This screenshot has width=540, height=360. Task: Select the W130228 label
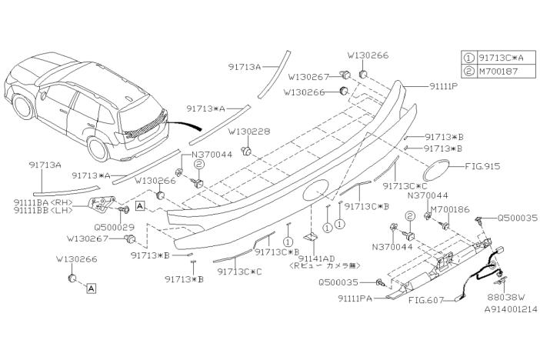click(249, 132)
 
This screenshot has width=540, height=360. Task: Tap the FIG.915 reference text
click(482, 166)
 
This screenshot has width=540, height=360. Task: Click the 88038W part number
click(505, 296)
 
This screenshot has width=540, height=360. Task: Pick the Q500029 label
click(115, 227)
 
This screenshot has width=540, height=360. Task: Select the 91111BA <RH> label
click(43, 202)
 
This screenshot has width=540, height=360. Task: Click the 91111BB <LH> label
click(43, 210)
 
